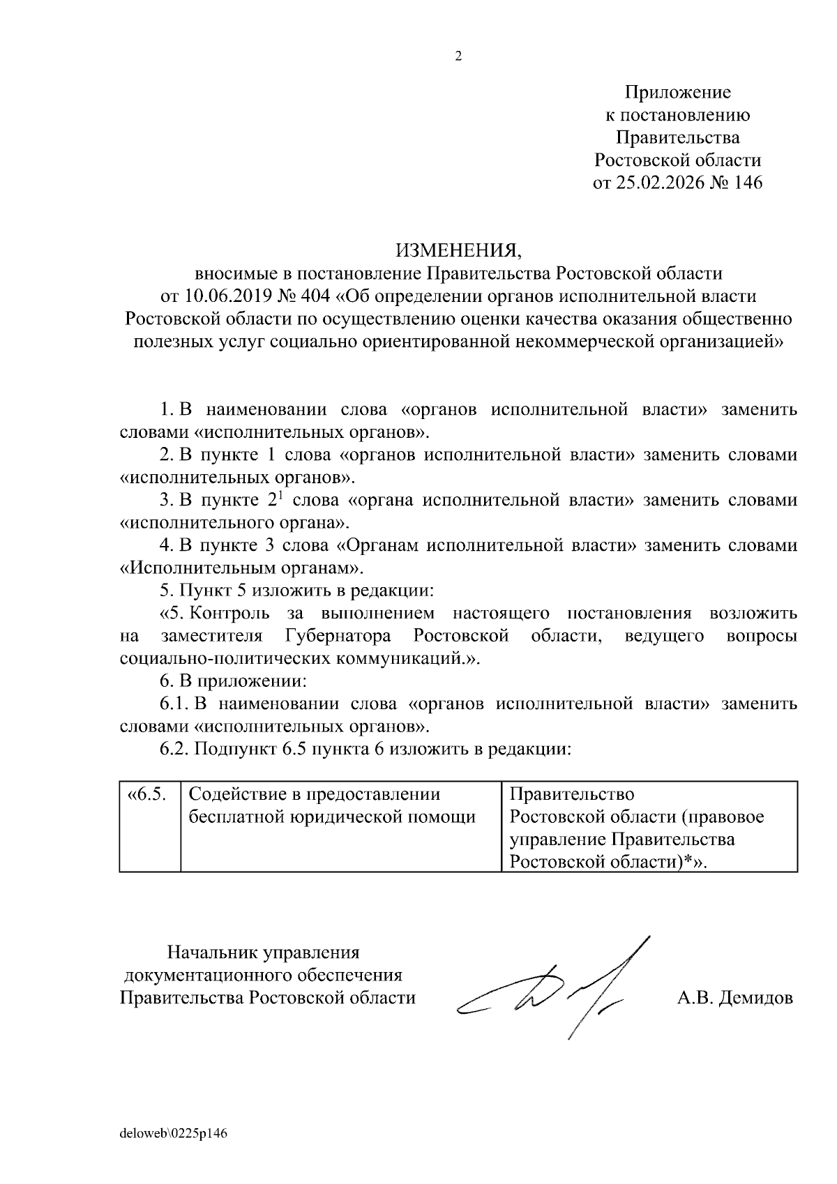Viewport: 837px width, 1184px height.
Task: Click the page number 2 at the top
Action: point(458,57)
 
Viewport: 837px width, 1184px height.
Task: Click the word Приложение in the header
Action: point(677,92)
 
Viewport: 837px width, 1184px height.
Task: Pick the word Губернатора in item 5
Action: point(338,636)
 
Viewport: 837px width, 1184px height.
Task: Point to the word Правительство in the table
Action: point(572,794)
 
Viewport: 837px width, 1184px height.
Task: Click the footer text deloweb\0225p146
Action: point(174,1133)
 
